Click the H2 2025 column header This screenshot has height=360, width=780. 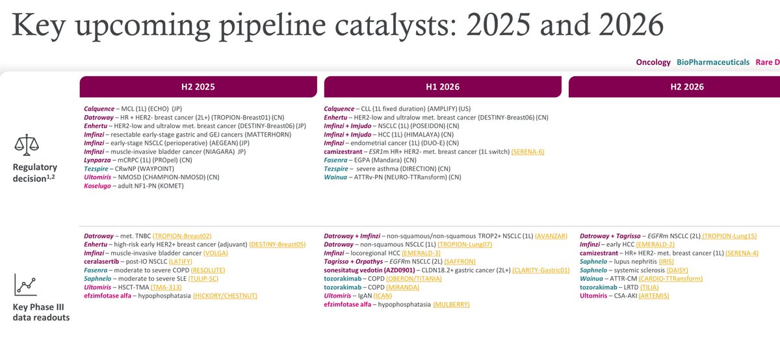(x=198, y=86)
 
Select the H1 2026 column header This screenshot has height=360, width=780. (x=443, y=86)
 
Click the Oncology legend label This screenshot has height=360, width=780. (x=653, y=62)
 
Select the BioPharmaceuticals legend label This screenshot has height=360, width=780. (x=713, y=62)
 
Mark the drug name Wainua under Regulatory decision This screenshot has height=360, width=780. (x=339, y=177)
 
